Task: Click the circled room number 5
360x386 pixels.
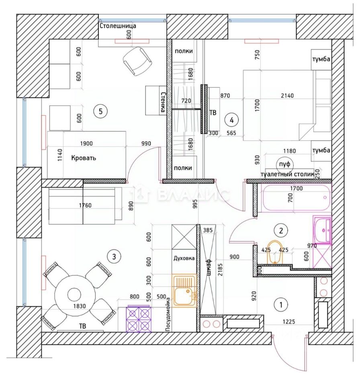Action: [100, 111]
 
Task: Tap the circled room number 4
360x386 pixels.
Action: [231, 120]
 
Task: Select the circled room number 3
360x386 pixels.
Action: [114, 257]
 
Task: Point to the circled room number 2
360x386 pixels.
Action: [281, 230]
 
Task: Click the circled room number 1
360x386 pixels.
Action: [281, 305]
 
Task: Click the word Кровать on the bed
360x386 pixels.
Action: [84, 158]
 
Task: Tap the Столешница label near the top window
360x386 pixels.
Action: [118, 26]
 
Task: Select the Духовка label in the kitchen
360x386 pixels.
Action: [184, 258]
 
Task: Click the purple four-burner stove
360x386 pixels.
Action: [139, 319]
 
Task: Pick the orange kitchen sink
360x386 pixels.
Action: [184, 291]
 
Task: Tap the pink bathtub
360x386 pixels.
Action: [297, 197]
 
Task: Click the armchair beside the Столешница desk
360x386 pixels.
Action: [137, 61]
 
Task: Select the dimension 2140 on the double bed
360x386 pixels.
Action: [287, 96]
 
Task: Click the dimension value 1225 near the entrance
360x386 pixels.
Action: [289, 322]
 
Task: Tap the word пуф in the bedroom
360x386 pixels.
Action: [285, 164]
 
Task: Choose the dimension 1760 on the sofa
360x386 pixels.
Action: [85, 205]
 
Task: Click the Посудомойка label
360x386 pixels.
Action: [168, 314]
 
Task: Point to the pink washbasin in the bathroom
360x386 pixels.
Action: [322, 230]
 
